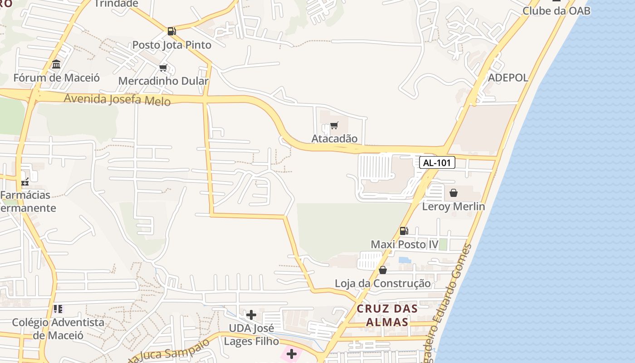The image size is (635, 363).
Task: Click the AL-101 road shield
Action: pos(437,162)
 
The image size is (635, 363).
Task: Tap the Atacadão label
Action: pos(334,138)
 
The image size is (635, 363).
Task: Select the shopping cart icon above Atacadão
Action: pos(334,125)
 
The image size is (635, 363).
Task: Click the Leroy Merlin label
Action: pos(453,206)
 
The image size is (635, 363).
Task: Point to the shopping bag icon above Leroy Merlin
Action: pos(453,193)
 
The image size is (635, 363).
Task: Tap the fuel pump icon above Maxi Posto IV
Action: pos(404,231)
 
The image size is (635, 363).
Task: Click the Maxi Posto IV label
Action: pos(405,245)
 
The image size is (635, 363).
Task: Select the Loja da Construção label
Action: pos(382,283)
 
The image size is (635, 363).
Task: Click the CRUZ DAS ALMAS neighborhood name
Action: pos(387,315)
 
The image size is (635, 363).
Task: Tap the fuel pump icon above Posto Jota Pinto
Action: pos(171,31)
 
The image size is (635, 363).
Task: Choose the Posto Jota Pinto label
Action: pos(171,45)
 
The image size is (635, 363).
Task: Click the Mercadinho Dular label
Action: pos(163,81)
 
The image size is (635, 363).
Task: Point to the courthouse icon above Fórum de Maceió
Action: pos(56,64)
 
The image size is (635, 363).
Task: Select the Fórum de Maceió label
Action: pos(56,78)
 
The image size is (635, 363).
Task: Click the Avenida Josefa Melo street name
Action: pos(117,99)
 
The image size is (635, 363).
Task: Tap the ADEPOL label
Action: pos(508,78)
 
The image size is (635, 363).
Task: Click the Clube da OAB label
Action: pos(556,11)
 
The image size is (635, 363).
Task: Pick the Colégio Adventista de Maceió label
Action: pos(58,329)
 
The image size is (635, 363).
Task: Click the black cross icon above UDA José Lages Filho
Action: pos(251,314)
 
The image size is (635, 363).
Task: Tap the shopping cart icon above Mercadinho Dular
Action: pos(163,68)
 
